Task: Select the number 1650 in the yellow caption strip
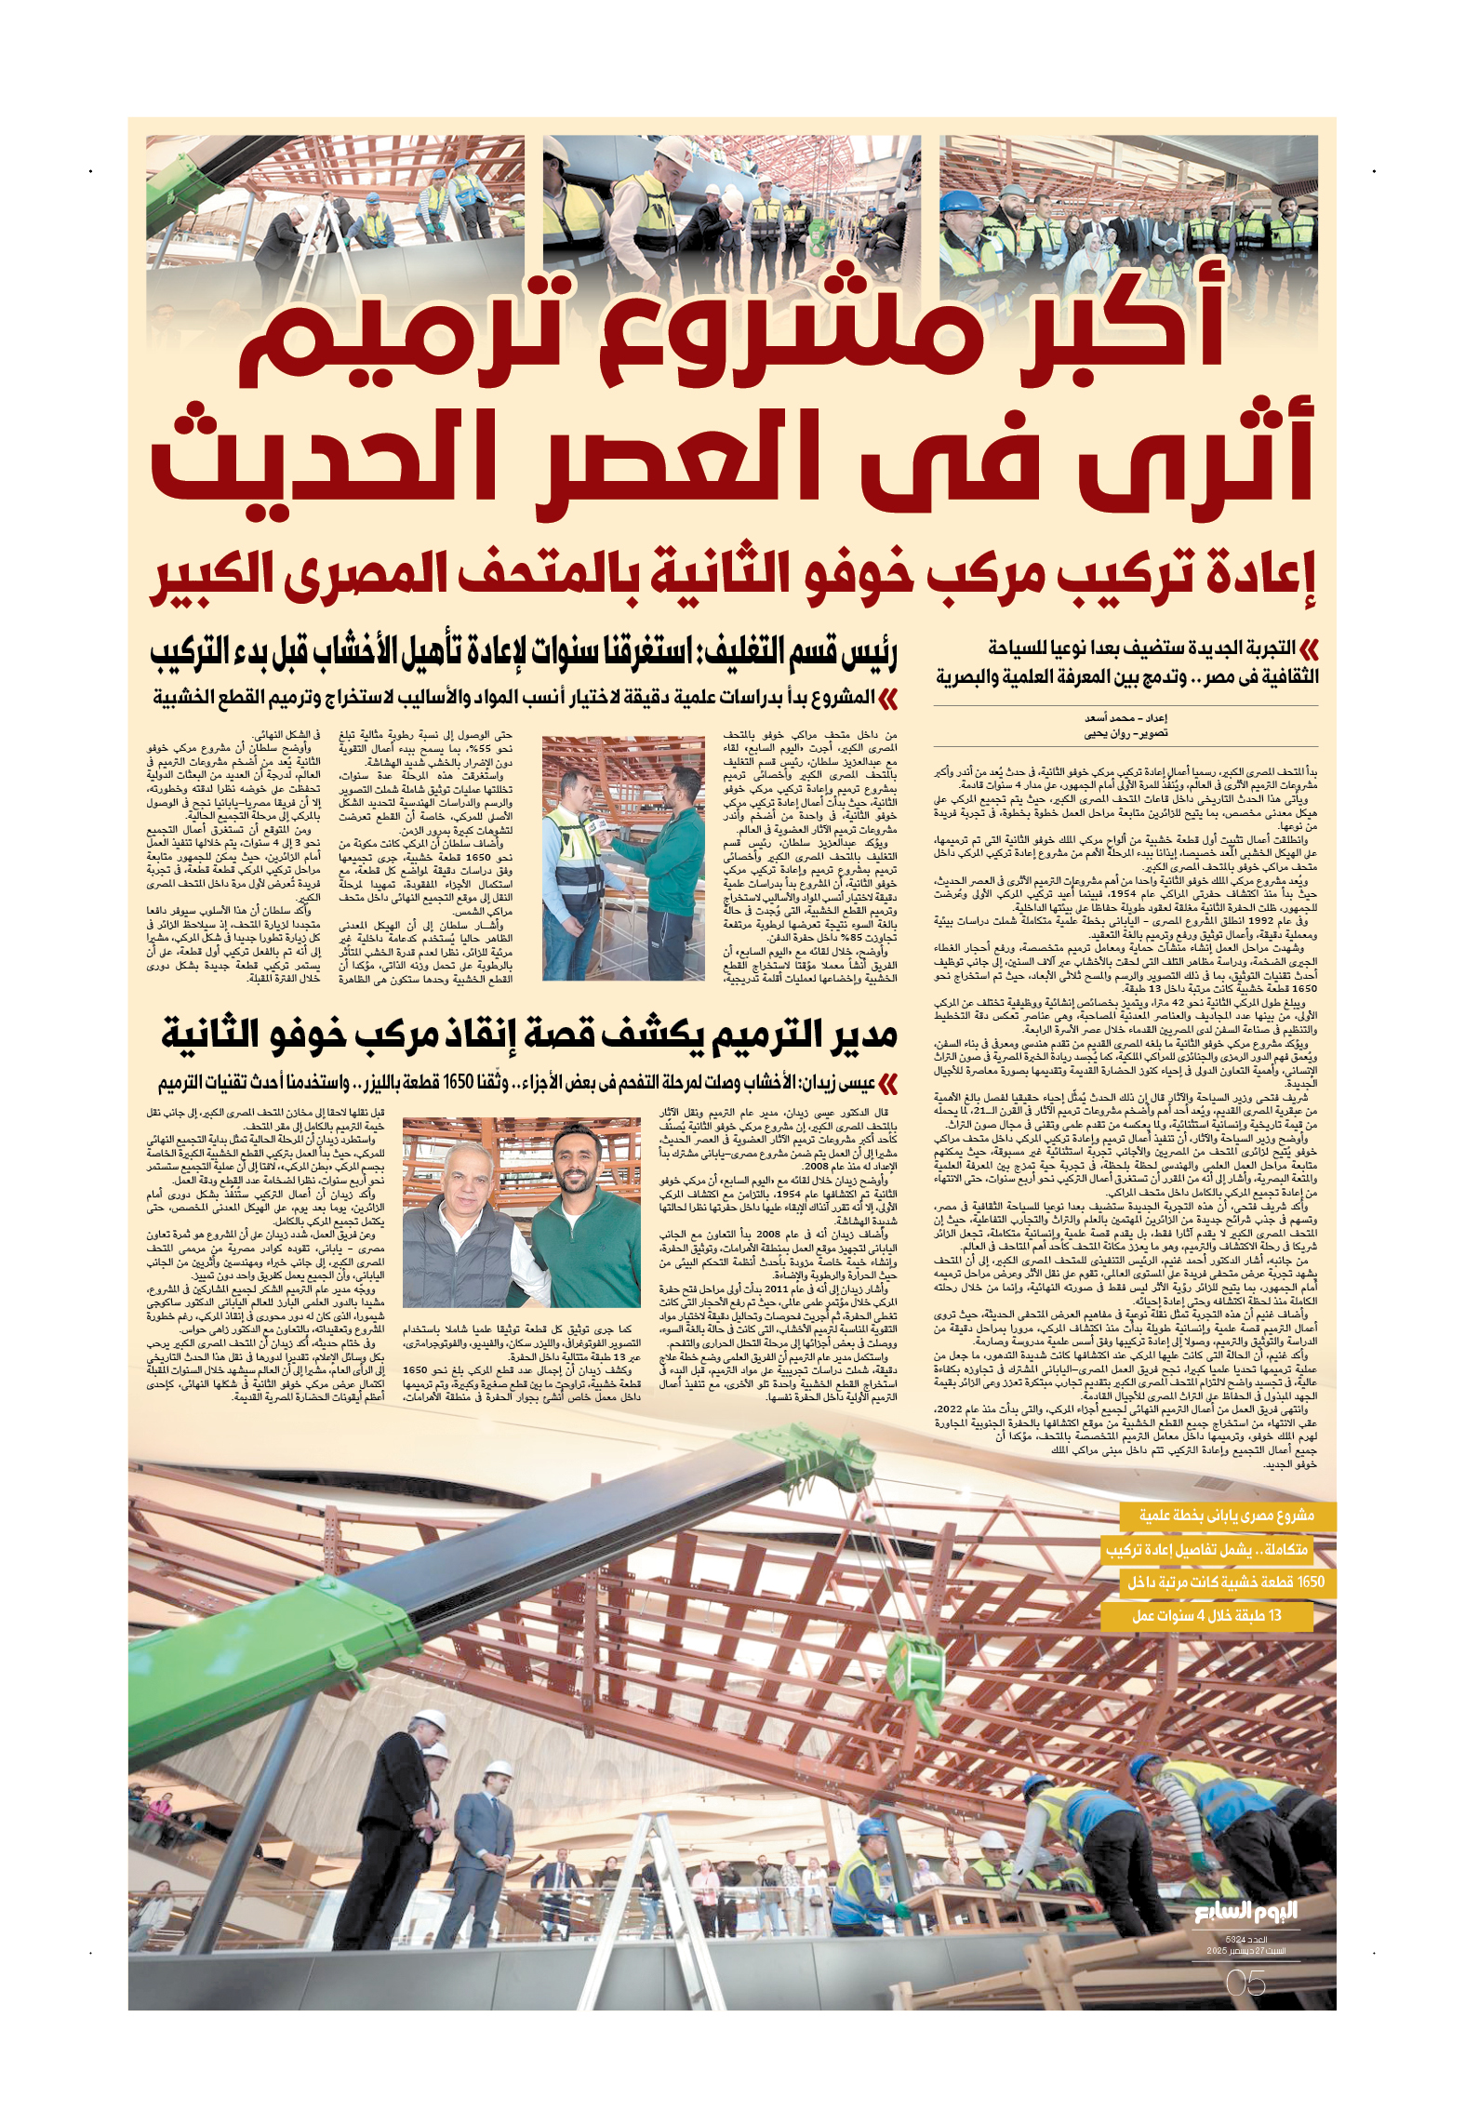[x=1310, y=1582]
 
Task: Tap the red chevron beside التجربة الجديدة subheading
[x=1309, y=648]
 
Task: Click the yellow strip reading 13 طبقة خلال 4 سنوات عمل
[x=1206, y=1616]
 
